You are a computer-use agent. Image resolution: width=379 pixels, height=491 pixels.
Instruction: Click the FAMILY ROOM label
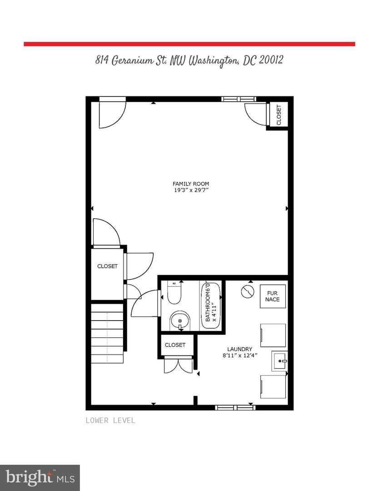pos(190,184)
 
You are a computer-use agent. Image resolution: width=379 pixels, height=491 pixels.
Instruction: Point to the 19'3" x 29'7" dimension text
pos(190,191)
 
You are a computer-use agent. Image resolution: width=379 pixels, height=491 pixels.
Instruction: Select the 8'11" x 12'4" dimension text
pos(240,356)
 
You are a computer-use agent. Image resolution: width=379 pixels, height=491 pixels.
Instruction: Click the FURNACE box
pos(273,296)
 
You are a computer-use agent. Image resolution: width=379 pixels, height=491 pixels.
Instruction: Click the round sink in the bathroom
pos(180,321)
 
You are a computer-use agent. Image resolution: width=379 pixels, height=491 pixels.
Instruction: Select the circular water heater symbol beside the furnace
pos(247,291)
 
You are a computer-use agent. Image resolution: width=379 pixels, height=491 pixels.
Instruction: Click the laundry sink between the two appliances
pos(279,361)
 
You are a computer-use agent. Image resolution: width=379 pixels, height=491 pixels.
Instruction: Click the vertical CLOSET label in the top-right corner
pos(279,115)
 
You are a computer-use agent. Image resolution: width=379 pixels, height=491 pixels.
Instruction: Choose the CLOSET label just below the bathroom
pos(175,345)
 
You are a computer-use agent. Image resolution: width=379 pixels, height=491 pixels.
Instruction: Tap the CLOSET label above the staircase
pos(107,266)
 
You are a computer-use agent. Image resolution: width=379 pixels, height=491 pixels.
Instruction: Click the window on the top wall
pos(239,99)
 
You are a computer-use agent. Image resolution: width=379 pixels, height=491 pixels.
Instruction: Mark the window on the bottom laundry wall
pos(235,407)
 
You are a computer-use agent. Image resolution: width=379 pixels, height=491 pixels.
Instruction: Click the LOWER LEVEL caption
pos(110,421)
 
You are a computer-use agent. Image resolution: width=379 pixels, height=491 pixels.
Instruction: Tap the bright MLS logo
pos(40,477)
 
